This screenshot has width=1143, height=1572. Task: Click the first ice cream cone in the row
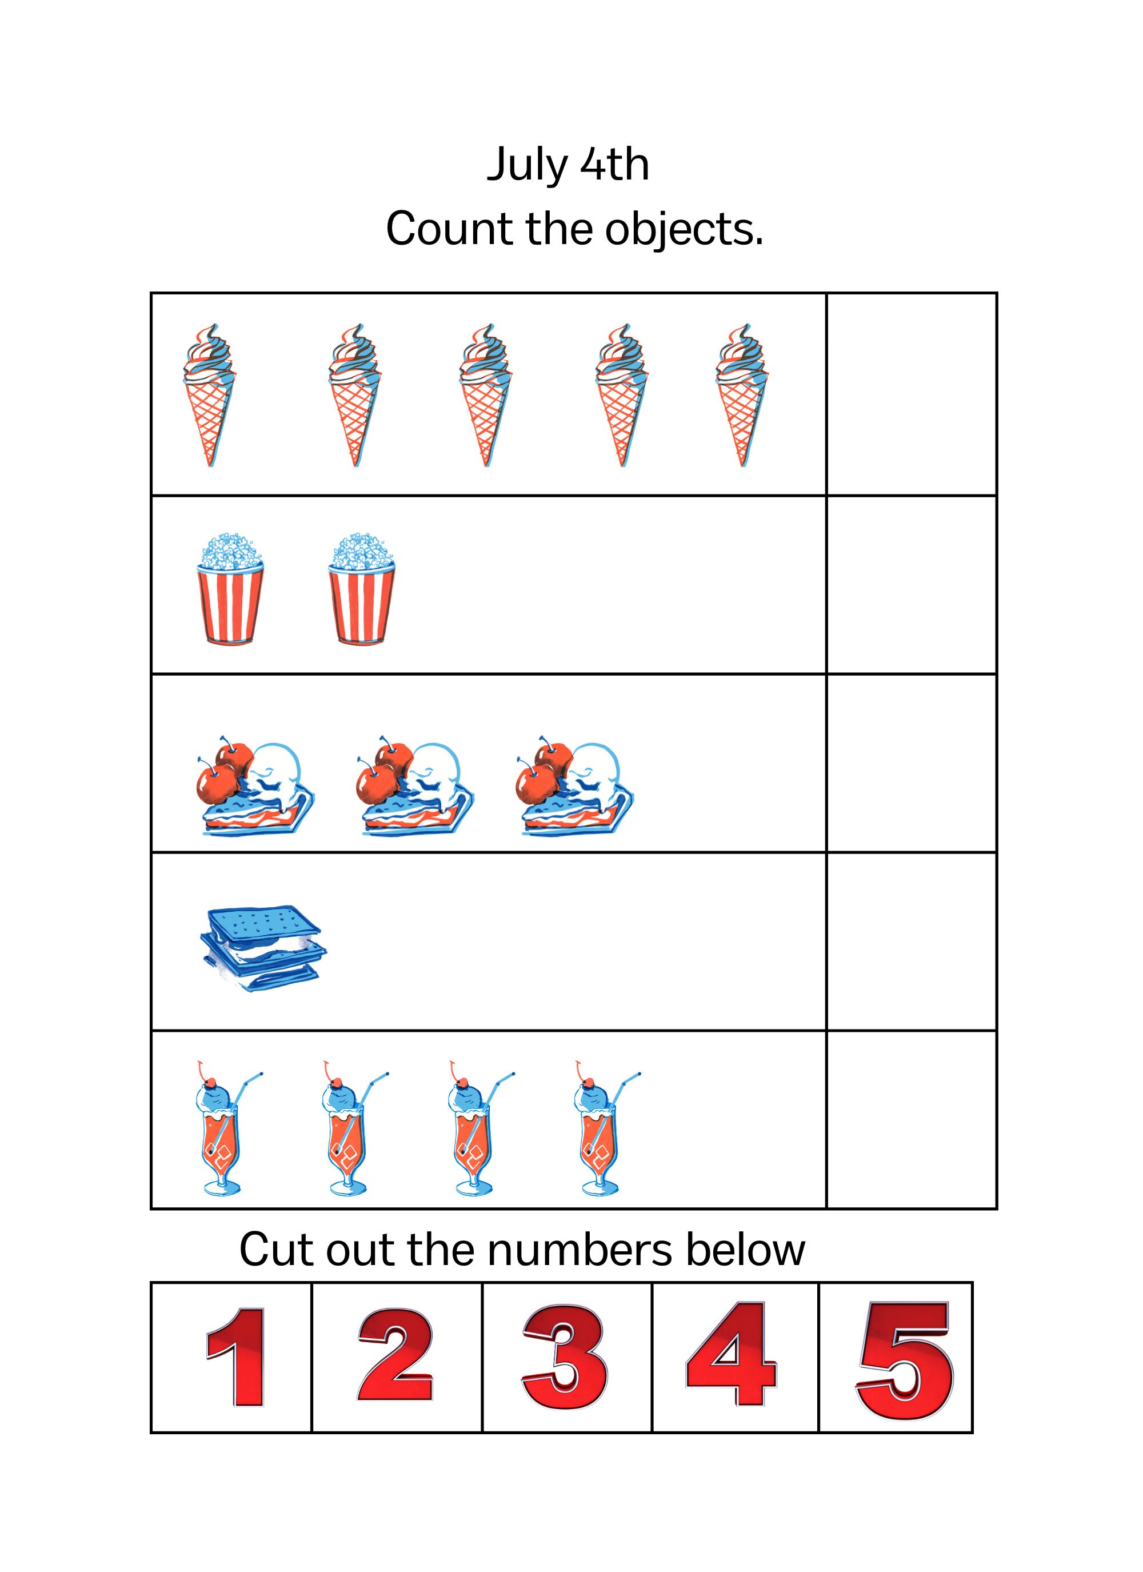click(209, 394)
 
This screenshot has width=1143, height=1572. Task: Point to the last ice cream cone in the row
click(742, 394)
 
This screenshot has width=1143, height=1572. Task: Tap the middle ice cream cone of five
click(485, 394)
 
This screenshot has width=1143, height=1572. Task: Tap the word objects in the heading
click(683, 230)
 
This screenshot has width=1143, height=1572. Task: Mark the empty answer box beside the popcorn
click(911, 584)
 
